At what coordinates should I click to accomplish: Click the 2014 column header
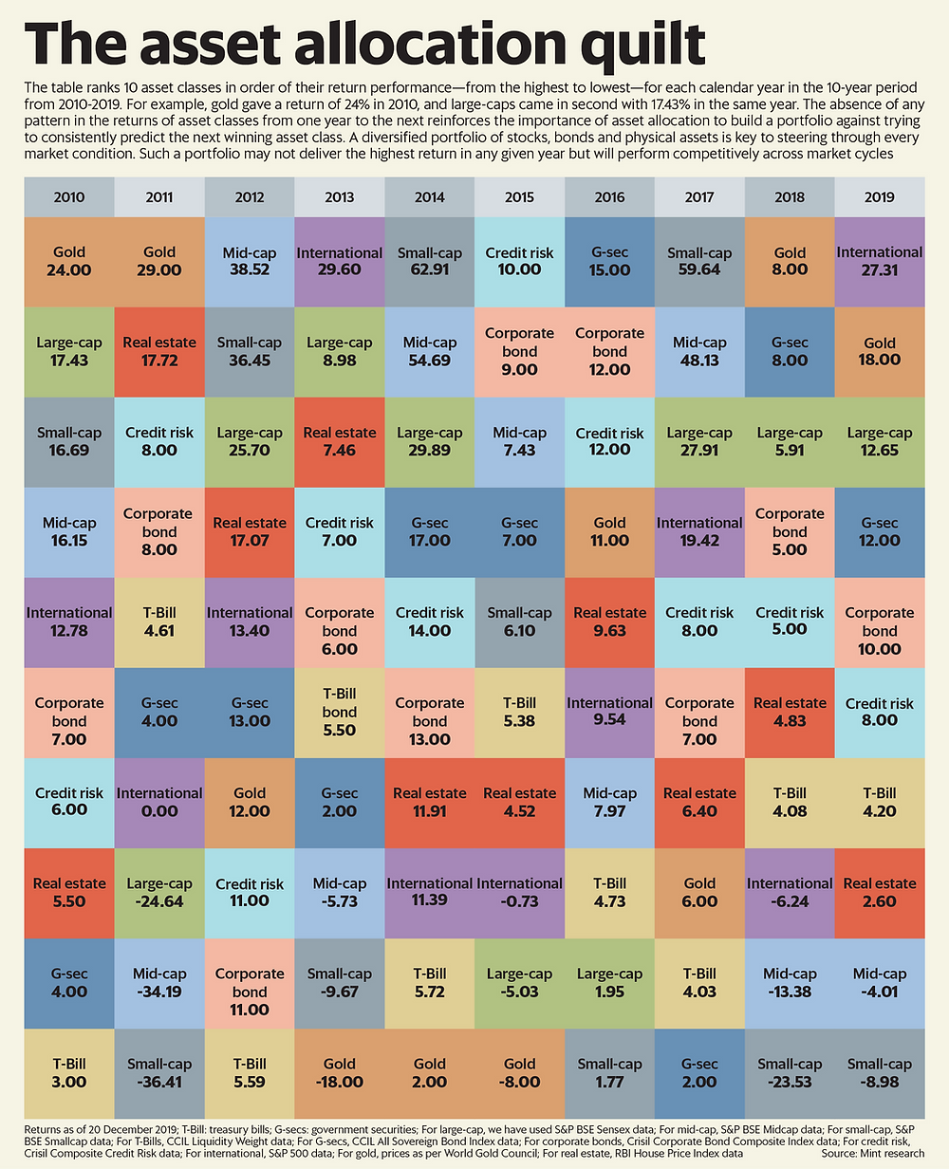pyautogui.click(x=430, y=197)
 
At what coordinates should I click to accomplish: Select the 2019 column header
pyautogui.click(x=881, y=197)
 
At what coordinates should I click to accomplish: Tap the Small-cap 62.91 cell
pyautogui.click(x=430, y=261)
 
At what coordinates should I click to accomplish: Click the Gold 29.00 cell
pyautogui.click(x=159, y=261)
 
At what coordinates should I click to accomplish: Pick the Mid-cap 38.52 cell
pyautogui.click(x=250, y=261)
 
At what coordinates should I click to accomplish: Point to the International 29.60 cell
pyautogui.click(x=340, y=261)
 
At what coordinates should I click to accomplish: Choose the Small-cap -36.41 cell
pyautogui.click(x=159, y=1072)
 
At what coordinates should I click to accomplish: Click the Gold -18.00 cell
pyautogui.click(x=340, y=1072)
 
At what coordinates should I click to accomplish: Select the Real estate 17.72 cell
pyautogui.click(x=159, y=351)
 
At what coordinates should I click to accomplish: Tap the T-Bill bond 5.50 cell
pyautogui.click(x=340, y=712)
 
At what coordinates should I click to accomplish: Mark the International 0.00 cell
pyautogui.click(x=159, y=802)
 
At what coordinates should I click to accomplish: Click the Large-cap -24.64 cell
pyautogui.click(x=159, y=892)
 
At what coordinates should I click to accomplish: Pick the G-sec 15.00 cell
pyautogui.click(x=609, y=261)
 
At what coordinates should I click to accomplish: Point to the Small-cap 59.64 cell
pyautogui.click(x=699, y=261)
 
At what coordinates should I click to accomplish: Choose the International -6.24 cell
pyautogui.click(x=790, y=892)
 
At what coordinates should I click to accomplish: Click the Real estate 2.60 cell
pyautogui.click(x=881, y=892)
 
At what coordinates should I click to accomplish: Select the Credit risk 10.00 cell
pyautogui.click(x=520, y=261)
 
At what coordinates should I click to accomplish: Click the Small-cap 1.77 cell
pyautogui.click(x=609, y=1072)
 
